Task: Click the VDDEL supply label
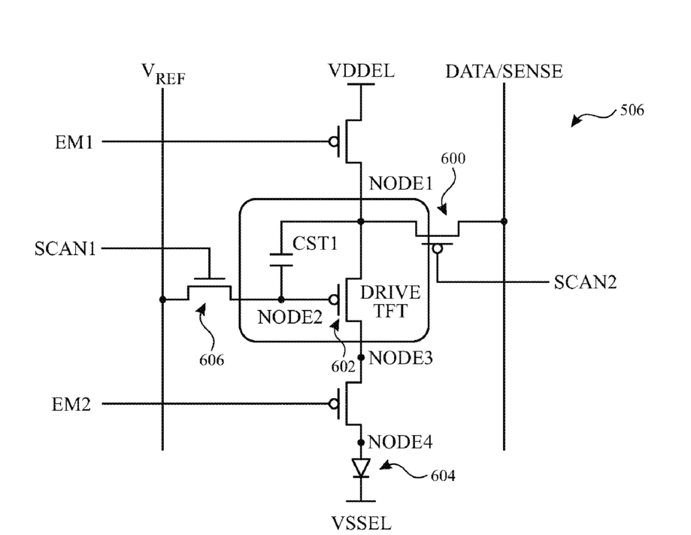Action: point(361,71)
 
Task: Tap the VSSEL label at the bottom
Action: point(361,524)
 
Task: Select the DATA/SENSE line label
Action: point(504,71)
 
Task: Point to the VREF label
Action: point(163,74)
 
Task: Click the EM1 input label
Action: point(74,142)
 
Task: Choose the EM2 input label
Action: point(71,404)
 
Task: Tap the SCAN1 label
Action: point(65,249)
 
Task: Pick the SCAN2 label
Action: point(585,282)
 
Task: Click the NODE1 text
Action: point(401,184)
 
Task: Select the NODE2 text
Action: point(289,317)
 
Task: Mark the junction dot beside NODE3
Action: point(361,357)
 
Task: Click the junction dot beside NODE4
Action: point(361,442)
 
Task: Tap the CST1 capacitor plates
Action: point(281,260)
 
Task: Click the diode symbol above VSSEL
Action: point(361,467)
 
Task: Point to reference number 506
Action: point(632,110)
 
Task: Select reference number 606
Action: point(211,360)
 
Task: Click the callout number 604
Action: point(443,476)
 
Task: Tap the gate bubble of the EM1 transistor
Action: point(334,141)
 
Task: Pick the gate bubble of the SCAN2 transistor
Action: point(437,249)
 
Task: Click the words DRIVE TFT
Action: point(390,302)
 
